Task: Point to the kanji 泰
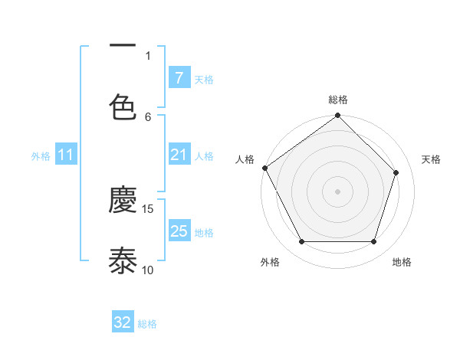123,260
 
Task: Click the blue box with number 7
179,78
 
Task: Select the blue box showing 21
179,155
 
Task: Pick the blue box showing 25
179,231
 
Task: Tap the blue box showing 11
66,155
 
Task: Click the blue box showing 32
123,322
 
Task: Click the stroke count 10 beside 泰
148,270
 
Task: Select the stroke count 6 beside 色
148,116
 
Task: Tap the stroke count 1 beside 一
148,55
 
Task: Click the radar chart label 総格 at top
338,100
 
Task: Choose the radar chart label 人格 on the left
245,159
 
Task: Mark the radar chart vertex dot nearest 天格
396,172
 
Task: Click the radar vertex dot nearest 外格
301,242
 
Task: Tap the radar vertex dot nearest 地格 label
374,242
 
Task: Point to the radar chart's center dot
338,191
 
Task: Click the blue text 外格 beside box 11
41,155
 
